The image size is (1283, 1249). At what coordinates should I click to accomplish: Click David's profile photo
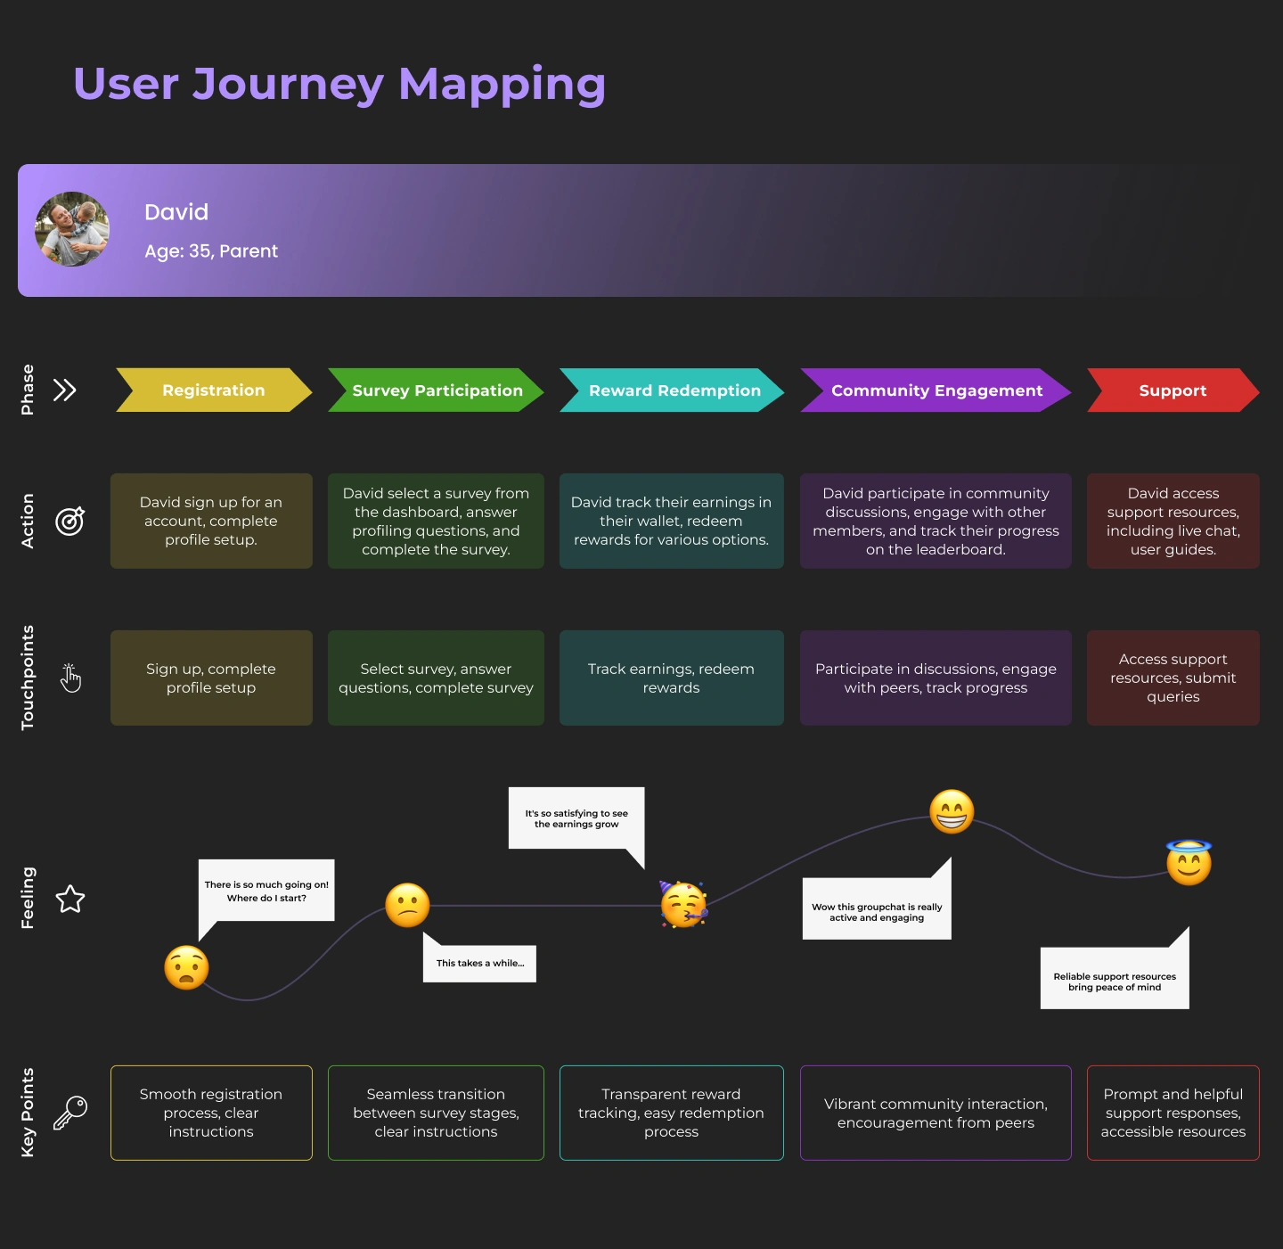coord(72,229)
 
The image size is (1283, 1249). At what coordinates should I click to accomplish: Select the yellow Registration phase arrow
coord(214,390)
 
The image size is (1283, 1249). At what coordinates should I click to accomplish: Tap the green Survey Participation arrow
coord(437,390)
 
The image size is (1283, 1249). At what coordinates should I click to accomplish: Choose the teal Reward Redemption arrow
coord(674,390)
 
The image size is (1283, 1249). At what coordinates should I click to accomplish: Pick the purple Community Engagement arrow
coord(936,390)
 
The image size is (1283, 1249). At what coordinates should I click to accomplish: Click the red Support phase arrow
coord(1173,390)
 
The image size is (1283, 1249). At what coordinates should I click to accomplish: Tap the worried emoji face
coord(186,967)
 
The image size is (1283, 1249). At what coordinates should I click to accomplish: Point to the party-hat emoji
coord(683,905)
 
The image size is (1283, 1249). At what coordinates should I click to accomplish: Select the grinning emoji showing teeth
coord(952,811)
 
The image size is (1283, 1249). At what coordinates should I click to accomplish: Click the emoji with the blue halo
coord(1189,863)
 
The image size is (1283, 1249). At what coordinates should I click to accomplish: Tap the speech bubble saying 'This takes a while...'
coord(480,963)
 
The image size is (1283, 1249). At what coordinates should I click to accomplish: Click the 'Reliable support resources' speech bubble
coord(1115,981)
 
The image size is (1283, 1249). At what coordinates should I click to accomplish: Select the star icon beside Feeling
coord(70,899)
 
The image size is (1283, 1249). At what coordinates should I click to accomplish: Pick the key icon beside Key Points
coord(70,1113)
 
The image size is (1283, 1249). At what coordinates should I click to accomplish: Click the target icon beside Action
coord(70,521)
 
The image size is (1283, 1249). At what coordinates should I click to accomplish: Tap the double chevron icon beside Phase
coord(65,390)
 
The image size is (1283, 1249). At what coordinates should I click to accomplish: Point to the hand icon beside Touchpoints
coord(70,678)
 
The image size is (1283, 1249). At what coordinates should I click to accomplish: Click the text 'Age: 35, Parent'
coord(211,251)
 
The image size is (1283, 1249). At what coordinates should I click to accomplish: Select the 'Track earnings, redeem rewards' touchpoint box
coord(671,678)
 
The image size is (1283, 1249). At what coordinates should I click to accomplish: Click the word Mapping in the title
coord(502,86)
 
